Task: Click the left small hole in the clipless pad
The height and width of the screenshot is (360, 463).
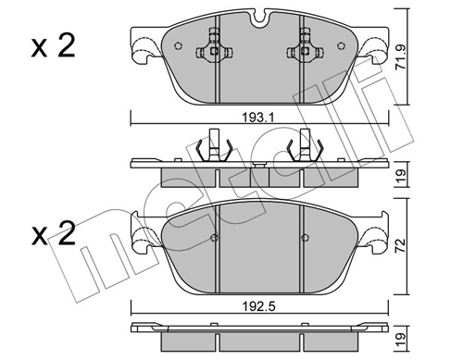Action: [x=214, y=238]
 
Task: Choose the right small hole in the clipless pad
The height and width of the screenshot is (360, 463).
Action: [x=302, y=238]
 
